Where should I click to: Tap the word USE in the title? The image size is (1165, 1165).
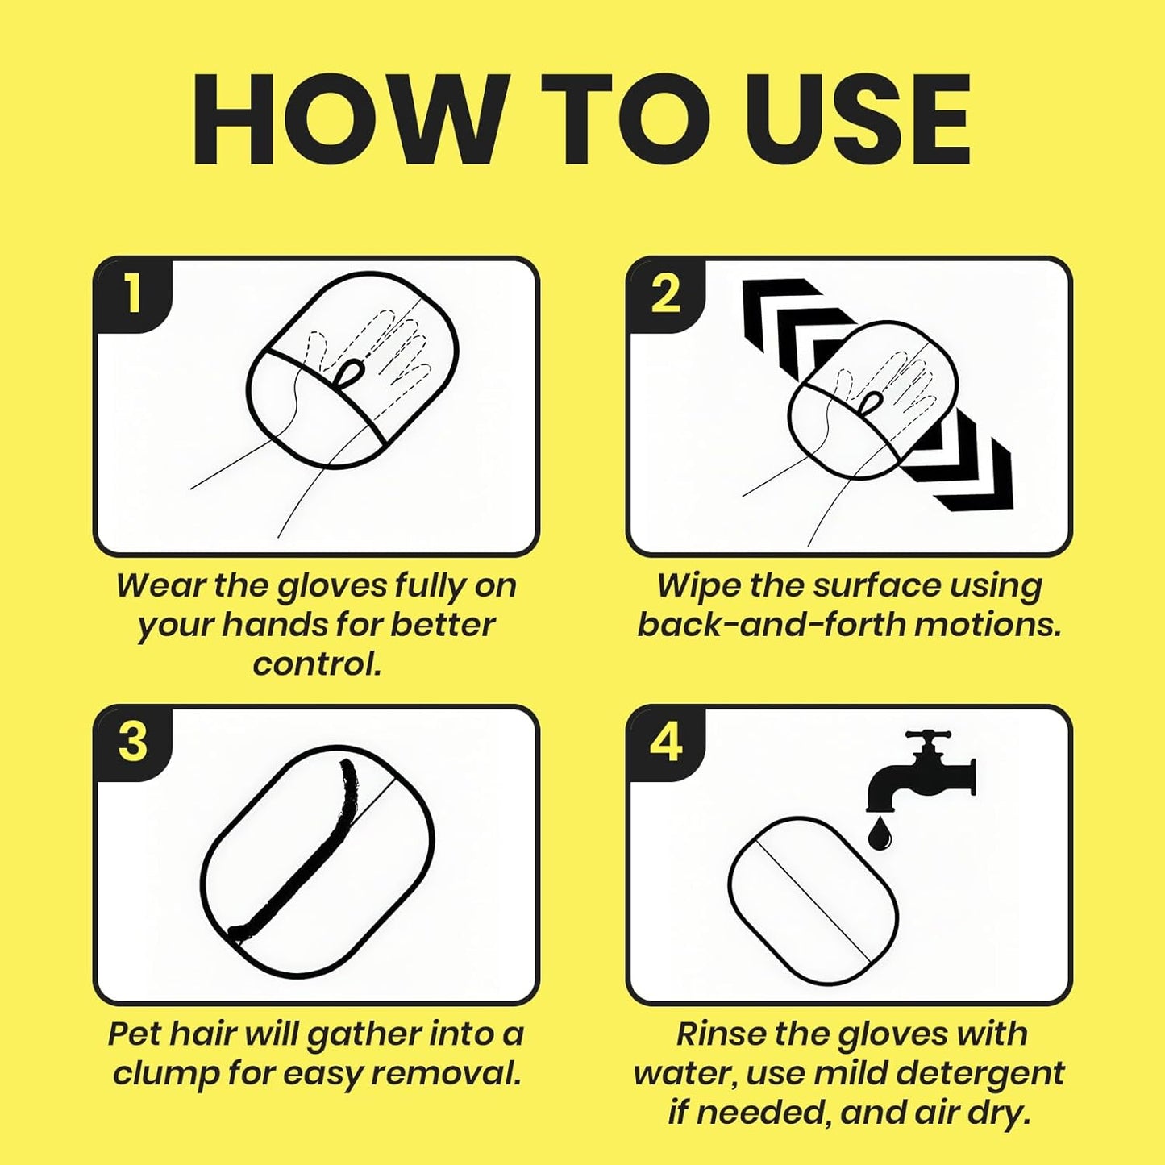point(857,119)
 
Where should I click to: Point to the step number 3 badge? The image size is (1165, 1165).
point(134,743)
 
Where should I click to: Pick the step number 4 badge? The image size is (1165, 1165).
point(666,743)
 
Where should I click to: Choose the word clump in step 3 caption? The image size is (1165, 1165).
point(165,1074)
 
